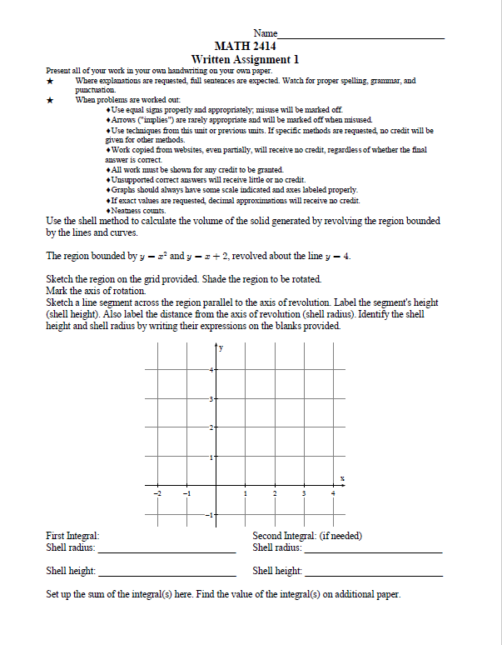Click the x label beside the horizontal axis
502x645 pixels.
coord(342,477)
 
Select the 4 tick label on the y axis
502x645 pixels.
coord(211,369)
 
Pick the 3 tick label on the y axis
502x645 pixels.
coord(211,399)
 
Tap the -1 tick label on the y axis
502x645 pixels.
coord(210,516)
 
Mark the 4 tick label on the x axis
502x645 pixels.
coord(333,494)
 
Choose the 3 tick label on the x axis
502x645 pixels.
coord(304,494)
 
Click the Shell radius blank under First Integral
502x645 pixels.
coord(166,551)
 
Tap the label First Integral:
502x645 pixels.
coord(73,536)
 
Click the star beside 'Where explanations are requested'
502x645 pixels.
coord(51,82)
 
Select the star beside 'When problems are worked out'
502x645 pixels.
coord(51,100)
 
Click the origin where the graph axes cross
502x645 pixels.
coord(216,486)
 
